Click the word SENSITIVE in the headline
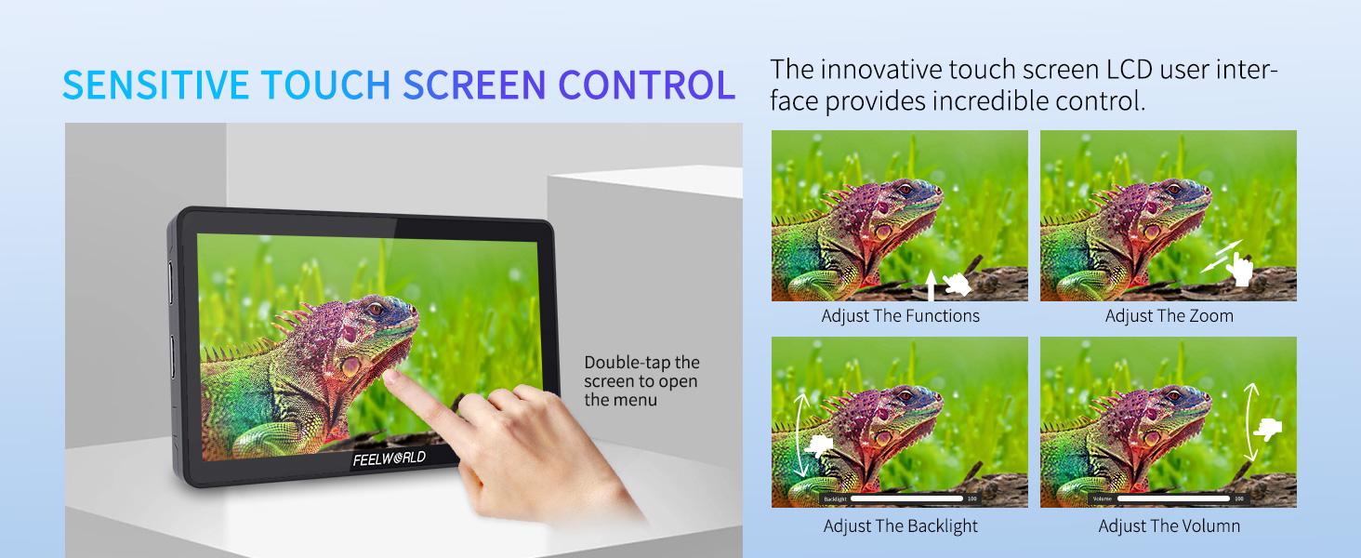coord(155,85)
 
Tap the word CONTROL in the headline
coord(646,85)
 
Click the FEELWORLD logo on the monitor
coord(390,458)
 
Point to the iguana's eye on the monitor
coord(376,310)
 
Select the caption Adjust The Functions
coord(901,316)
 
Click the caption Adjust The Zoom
coord(1169,316)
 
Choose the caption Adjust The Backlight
coord(901,525)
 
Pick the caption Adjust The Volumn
coord(1169,525)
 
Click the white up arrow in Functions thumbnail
coord(931,286)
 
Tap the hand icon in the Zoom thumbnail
coord(1239,270)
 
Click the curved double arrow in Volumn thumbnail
coord(1251,422)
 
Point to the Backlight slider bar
coord(906,498)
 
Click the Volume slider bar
coord(1173,498)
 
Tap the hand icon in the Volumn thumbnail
coord(1267,429)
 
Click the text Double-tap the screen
coord(641,371)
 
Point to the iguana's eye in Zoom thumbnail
coord(1174,190)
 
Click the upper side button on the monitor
coord(170,283)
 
